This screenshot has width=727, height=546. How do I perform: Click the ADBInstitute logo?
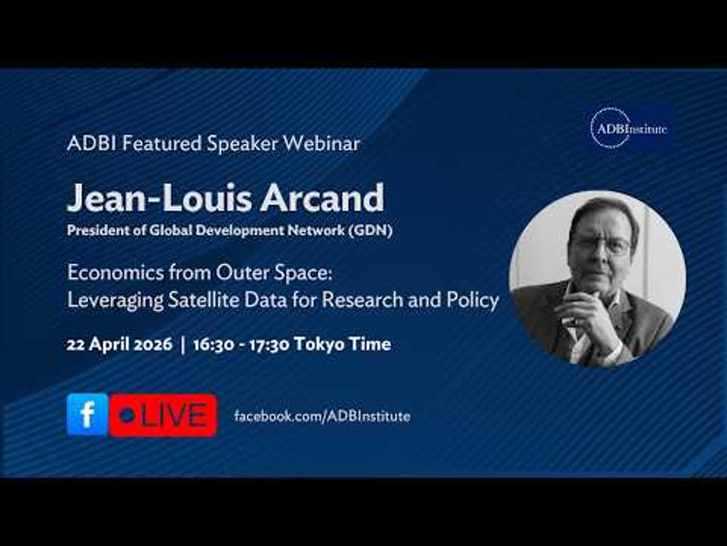[628, 128]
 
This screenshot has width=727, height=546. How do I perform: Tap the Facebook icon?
[87, 414]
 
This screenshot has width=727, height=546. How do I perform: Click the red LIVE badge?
[164, 416]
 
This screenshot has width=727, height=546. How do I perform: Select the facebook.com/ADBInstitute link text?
[322, 416]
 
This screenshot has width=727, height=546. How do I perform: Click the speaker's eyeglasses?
[600, 245]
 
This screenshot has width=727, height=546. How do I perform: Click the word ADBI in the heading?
[85, 144]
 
